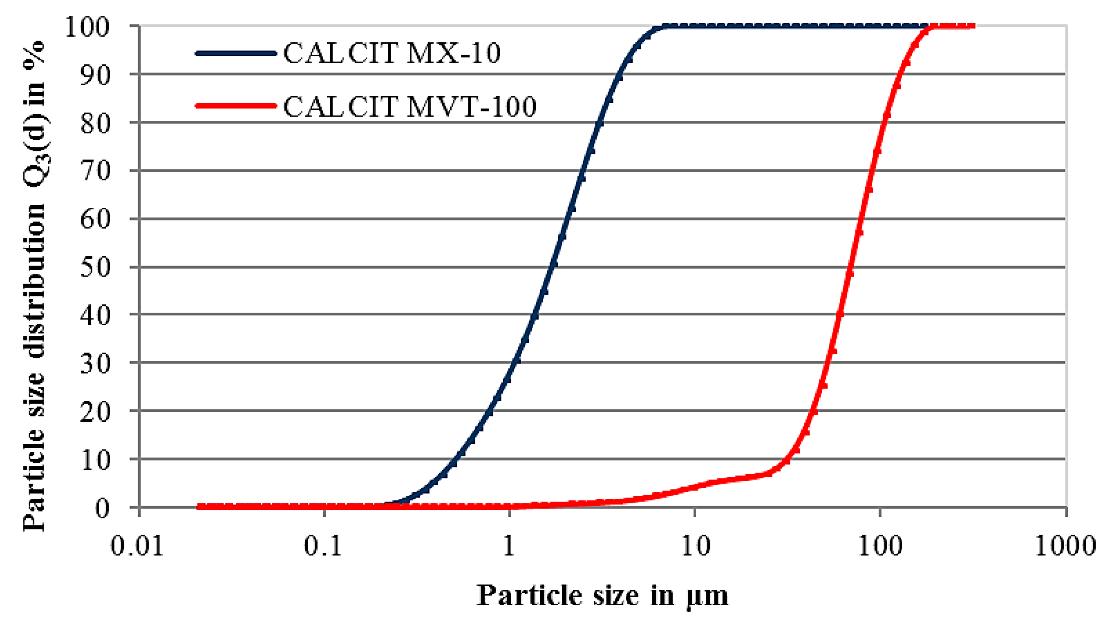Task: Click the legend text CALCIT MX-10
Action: tap(392, 53)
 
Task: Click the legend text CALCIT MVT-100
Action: tap(410, 107)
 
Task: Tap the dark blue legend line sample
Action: tap(236, 53)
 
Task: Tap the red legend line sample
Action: tap(236, 106)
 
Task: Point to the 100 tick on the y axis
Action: tap(87, 27)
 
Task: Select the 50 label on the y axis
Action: tap(95, 268)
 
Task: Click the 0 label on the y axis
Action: tap(102, 509)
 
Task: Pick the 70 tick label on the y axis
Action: tap(95, 171)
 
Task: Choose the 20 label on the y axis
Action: tap(95, 412)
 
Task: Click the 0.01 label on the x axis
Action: tap(137, 546)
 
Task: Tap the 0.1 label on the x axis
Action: tap(323, 546)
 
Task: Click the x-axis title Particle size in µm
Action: tap(602, 596)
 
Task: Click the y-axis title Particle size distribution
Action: tap(34, 287)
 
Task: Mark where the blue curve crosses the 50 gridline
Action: tap(552, 267)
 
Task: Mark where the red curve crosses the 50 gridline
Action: tap(849, 267)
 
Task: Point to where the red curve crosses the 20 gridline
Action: tap(813, 411)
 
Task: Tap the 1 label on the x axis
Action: tap(509, 546)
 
